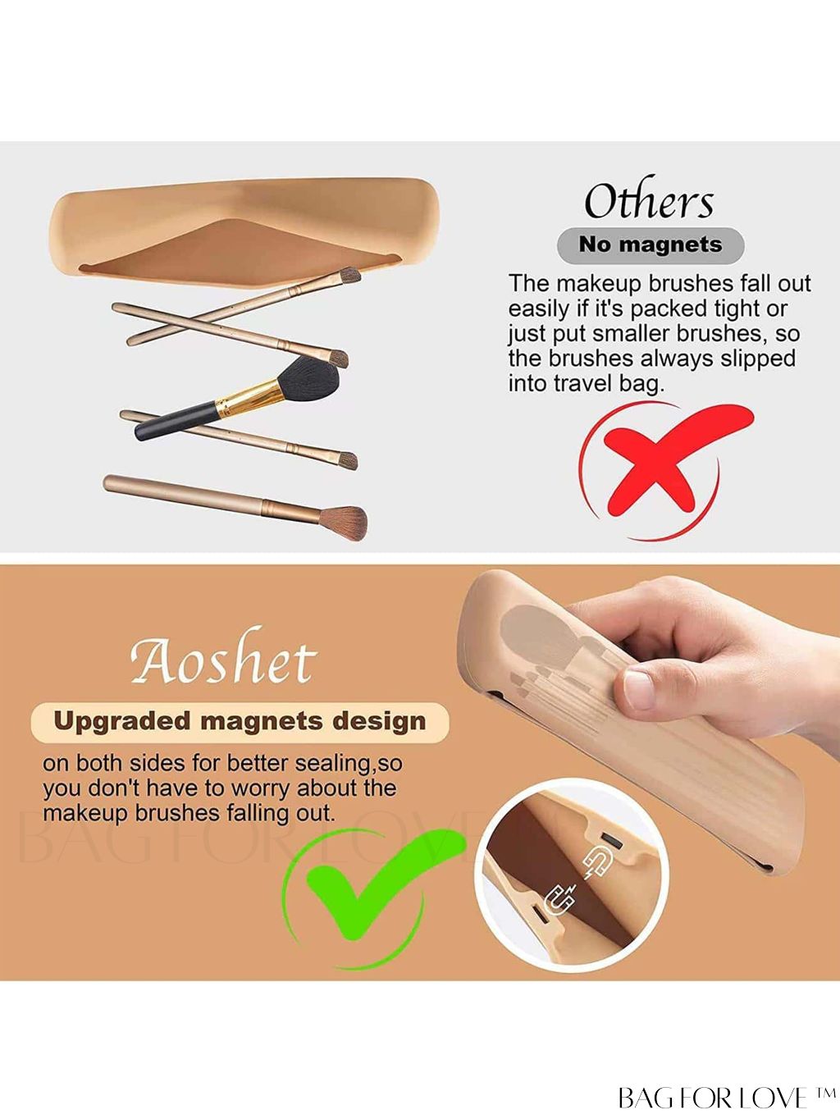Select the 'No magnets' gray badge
pyautogui.click(x=651, y=245)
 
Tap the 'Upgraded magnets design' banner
pyautogui.click(x=240, y=722)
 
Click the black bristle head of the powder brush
pyautogui.click(x=309, y=381)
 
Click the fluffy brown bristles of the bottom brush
pyautogui.click(x=344, y=522)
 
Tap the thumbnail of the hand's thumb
pyautogui.click(x=639, y=690)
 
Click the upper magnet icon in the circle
pyautogui.click(x=597, y=863)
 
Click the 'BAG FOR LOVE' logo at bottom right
pyautogui.click(x=725, y=1097)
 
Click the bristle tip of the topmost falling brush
pyautogui.click(x=350, y=276)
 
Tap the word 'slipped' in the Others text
pyautogui.click(x=757, y=359)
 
